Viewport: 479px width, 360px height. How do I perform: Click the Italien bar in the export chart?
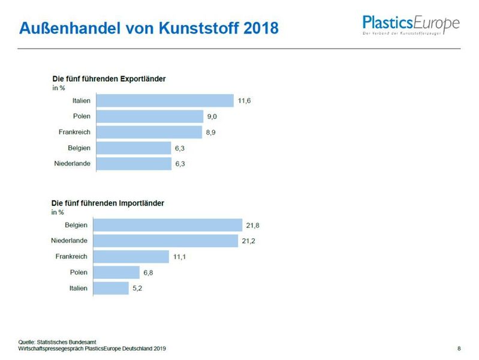click(x=165, y=101)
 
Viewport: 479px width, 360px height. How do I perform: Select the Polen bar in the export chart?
click(x=150, y=116)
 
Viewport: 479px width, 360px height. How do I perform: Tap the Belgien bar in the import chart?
click(x=169, y=225)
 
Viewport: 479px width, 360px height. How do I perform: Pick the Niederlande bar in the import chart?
click(x=167, y=241)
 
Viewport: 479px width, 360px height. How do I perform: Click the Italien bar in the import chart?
click(x=112, y=288)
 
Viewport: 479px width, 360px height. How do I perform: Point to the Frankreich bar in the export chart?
click(x=149, y=132)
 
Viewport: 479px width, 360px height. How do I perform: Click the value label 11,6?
click(x=244, y=101)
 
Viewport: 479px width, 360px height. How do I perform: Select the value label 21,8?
click(x=252, y=225)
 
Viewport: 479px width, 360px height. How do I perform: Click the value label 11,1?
click(x=194, y=257)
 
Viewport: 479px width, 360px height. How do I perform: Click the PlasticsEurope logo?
click(x=411, y=25)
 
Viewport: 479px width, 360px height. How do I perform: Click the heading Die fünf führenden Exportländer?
click(x=109, y=79)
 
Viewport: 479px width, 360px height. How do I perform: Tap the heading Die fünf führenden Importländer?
click(x=107, y=203)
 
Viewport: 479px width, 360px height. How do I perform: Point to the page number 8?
click(x=459, y=349)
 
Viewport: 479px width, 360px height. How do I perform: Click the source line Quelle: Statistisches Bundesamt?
click(x=57, y=342)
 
